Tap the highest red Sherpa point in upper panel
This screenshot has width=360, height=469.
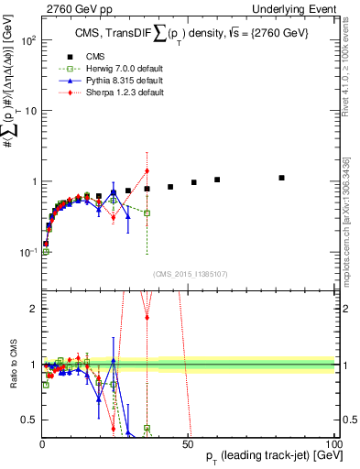coord(147,171)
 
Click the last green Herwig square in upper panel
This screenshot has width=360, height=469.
coord(147,213)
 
